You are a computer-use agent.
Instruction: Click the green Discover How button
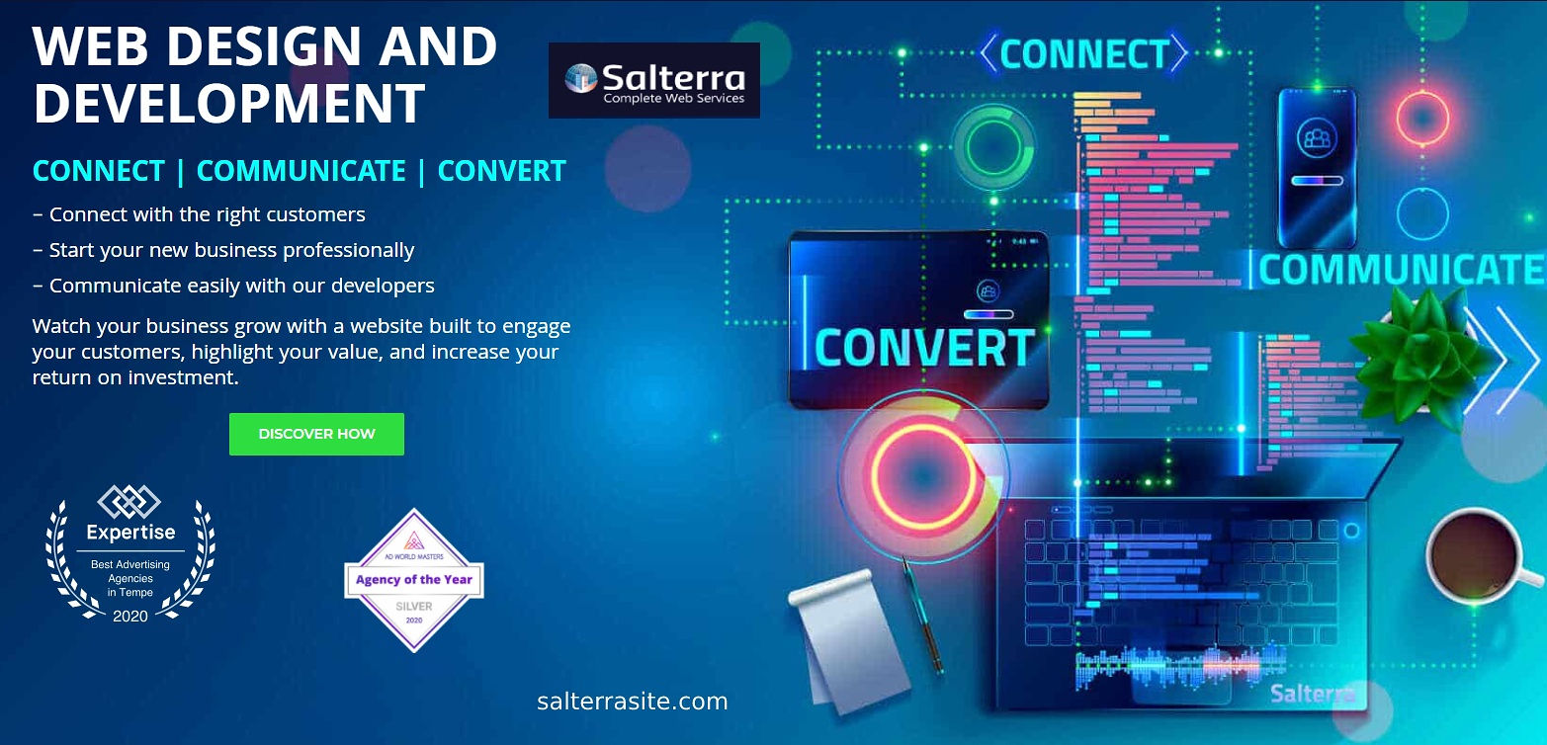coord(316,434)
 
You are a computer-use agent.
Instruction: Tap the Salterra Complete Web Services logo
coord(654,80)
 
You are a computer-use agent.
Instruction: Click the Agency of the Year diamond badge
coord(413,580)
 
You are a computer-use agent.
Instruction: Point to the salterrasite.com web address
coord(632,702)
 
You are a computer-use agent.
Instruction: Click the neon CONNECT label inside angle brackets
coord(1083,53)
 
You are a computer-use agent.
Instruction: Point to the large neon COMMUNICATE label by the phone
coord(1401,270)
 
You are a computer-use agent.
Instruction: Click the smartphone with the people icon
coord(1317,168)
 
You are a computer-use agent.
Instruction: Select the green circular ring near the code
coord(993,146)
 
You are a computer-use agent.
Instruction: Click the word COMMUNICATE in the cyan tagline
coord(301,171)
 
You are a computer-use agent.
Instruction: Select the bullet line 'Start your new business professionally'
coord(223,250)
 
